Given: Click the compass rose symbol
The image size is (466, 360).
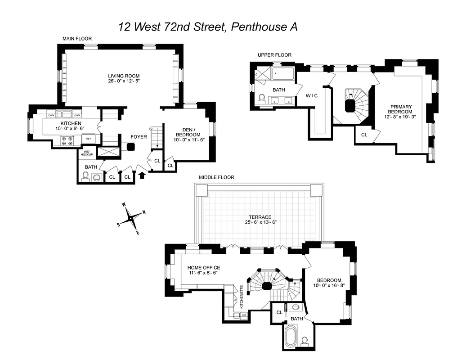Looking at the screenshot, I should click(131, 218).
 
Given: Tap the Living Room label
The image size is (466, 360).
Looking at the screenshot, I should click(124, 76).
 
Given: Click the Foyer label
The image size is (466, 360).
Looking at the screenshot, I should click(139, 136).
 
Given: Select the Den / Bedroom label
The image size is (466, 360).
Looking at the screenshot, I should click(188, 132).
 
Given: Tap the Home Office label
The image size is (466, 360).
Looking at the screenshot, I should click(204, 268).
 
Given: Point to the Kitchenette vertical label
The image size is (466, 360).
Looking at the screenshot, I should click(242, 297).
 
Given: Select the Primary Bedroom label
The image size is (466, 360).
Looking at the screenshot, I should click(401, 109).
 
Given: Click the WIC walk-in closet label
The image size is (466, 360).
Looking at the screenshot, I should click(312, 95).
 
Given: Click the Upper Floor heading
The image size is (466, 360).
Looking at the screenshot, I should click(274, 55).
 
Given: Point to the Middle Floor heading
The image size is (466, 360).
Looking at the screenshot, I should click(216, 177).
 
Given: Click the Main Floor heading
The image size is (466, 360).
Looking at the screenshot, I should click(77, 39).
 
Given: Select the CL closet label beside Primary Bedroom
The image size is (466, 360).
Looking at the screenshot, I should click(364, 134).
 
